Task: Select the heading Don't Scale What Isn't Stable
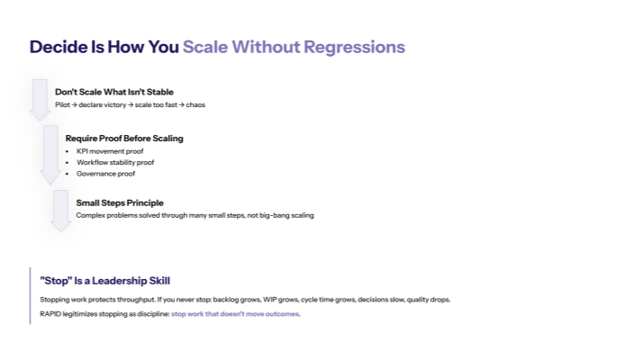114,92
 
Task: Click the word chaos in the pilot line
196,105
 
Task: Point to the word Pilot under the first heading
63,105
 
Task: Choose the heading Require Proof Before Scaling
124,139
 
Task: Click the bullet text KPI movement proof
110,151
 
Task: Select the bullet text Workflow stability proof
115,163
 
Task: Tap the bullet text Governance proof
106,174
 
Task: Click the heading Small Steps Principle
120,202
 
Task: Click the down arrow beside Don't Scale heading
40,99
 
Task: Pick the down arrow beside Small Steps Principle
61,210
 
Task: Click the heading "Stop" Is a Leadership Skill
105,281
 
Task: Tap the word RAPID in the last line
51,314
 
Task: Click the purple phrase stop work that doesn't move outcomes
236,314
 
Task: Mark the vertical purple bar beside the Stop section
31,295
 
